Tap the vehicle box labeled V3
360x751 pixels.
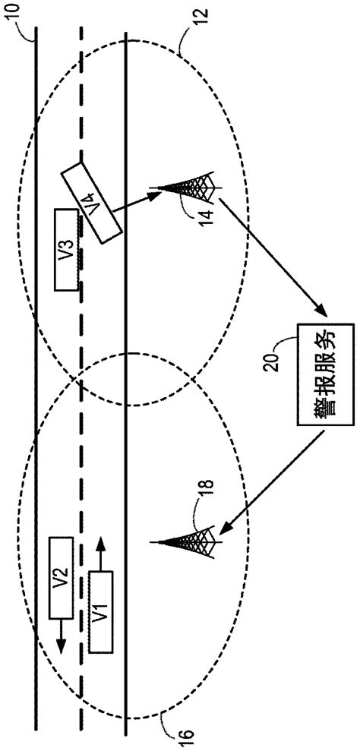tap(65, 249)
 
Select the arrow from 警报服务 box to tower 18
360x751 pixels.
tap(273, 478)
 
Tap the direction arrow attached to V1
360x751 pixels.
tap(99, 554)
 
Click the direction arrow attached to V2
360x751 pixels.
tap(61, 630)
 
